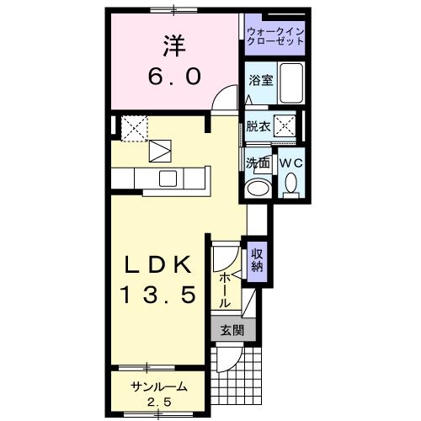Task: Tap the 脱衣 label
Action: coord(258,127)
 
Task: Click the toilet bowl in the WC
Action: coord(290,183)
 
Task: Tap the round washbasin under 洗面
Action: coord(258,187)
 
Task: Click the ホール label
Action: coord(226,289)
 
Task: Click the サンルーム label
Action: coord(158,386)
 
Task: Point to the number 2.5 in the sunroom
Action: coord(158,401)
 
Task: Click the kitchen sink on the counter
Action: coord(168,178)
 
